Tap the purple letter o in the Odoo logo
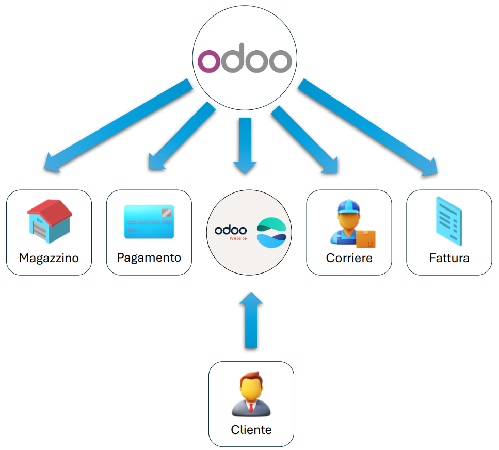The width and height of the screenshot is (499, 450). point(210,61)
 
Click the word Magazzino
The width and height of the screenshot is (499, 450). point(49,258)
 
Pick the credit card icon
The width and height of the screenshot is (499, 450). point(149,222)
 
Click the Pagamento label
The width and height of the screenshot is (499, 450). point(149,257)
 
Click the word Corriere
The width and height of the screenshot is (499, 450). point(349,258)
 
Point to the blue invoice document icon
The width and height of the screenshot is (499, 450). point(448,221)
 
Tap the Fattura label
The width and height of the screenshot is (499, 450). point(449,258)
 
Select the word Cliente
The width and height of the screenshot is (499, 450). point(251,430)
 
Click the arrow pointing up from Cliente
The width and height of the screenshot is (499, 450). point(251,319)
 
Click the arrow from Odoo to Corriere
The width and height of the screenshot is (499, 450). point(306,140)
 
